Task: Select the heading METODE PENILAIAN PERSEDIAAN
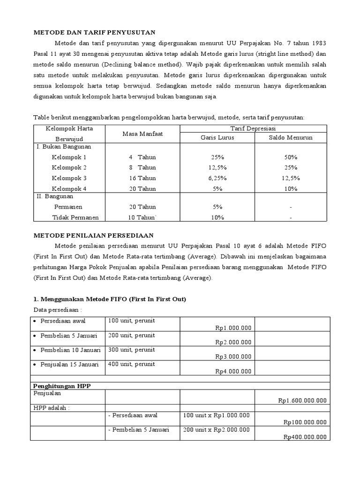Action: pyautogui.click(x=95, y=235)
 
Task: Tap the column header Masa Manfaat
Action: pyautogui.click(x=142, y=134)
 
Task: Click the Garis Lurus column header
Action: pyautogui.click(x=217, y=138)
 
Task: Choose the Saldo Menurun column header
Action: pyautogui.click(x=290, y=138)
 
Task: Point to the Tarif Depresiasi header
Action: pyautogui.click(x=254, y=128)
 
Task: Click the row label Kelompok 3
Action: pyautogui.click(x=69, y=178)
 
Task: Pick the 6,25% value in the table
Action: pyautogui.click(x=217, y=178)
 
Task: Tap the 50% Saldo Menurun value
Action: pyautogui.click(x=290, y=157)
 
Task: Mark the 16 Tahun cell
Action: pyautogui.click(x=142, y=178)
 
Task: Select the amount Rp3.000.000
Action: pyautogui.click(x=233, y=357)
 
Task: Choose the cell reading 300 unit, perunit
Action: pyautogui.click(x=131, y=350)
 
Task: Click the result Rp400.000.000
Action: pyautogui.click(x=305, y=437)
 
